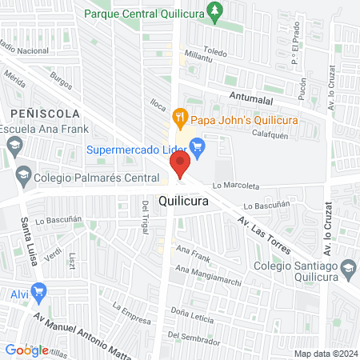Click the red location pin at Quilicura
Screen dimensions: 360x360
pos(180,166)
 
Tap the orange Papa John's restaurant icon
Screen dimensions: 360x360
pos(181,116)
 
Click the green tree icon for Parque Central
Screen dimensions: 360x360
pos(214,10)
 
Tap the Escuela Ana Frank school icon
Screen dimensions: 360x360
pos(14,145)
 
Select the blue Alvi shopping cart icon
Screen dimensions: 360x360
pos(37,293)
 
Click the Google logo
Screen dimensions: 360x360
pos(26,350)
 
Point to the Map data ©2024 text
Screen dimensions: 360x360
pos(324,354)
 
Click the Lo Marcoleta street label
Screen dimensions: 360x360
pos(235,186)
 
